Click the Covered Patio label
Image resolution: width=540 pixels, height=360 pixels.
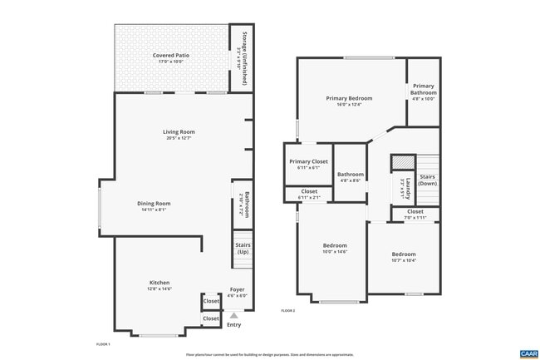point(172,58)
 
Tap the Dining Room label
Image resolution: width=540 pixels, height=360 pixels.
point(154,205)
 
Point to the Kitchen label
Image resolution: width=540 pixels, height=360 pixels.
point(160,285)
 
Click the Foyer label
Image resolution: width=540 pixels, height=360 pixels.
point(238,292)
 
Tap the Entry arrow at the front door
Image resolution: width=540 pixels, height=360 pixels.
point(234,315)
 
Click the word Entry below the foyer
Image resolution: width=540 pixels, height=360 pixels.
point(234,324)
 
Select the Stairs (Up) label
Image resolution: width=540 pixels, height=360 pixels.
point(243,248)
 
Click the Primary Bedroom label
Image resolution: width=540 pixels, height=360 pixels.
point(349,101)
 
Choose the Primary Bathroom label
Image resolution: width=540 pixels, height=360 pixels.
point(423,91)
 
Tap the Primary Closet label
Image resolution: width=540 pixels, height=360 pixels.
point(308,164)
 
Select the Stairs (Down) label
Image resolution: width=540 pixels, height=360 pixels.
point(428,180)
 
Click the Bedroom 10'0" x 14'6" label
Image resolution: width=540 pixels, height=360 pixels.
point(335,248)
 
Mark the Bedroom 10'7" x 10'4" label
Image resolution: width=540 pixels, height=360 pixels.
point(404,257)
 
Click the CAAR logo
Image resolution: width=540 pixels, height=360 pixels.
point(528,353)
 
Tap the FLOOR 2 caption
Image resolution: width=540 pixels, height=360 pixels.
point(288,310)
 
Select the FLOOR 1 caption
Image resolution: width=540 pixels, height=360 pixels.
point(103,343)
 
